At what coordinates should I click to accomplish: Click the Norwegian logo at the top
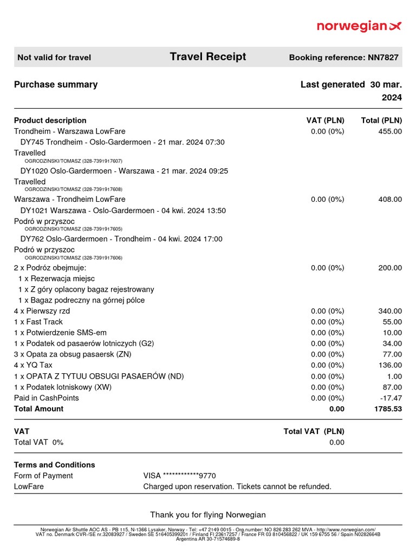point(359,26)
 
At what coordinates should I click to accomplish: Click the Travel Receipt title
point(207,57)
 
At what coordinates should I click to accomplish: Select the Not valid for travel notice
point(54,57)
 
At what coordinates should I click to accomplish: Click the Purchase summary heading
point(56,84)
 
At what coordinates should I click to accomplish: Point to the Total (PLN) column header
point(381,120)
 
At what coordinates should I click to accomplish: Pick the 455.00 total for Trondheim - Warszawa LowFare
point(390,131)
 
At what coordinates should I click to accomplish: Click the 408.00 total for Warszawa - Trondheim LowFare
point(390,199)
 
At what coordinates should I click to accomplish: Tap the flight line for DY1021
point(123,210)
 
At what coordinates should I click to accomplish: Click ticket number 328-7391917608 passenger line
point(74,189)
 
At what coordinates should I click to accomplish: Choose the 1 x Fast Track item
point(38,322)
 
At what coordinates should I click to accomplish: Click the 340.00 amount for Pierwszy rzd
point(390,311)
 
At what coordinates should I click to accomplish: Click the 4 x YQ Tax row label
point(33,365)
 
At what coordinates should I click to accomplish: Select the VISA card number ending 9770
point(179,476)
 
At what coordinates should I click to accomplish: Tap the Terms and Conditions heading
point(54,465)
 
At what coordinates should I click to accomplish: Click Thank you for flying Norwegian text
point(208,515)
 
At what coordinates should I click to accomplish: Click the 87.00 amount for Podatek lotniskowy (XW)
point(392,387)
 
